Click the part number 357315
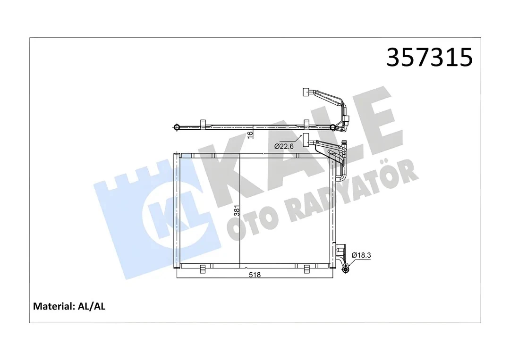429,58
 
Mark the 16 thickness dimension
250,134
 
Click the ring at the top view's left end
177,127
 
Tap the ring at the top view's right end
333,127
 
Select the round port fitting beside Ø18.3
346,268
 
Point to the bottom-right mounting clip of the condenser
306,268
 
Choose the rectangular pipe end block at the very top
306,92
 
